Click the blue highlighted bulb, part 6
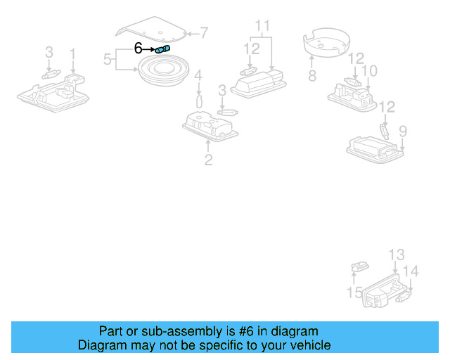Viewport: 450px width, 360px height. pos(162,49)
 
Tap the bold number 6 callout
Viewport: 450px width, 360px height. pos(139,49)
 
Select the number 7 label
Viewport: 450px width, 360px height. pos(204,32)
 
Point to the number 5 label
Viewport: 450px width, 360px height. pos(108,59)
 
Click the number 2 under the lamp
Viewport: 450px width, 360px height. pos(208,160)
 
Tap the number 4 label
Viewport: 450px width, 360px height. pos(198,75)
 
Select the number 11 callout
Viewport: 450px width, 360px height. pos(262,27)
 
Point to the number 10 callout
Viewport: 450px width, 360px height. pos(369,71)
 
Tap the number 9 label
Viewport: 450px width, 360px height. pos(403,131)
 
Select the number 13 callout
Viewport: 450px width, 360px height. pos(397,255)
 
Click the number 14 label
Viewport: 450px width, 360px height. pos(411,271)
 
